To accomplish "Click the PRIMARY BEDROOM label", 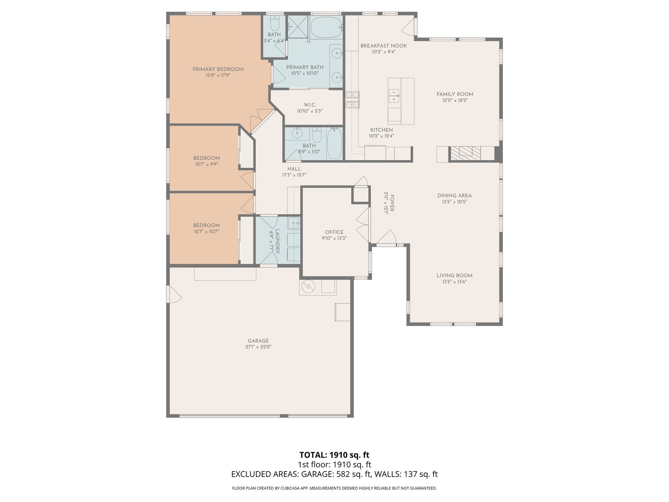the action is click(x=218, y=69).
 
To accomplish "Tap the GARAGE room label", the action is click(x=258, y=341).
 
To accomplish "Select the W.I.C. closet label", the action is click(x=310, y=105).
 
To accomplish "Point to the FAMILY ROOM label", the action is click(x=455, y=94).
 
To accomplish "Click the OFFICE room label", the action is click(x=334, y=232).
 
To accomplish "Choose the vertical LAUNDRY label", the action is click(x=277, y=241).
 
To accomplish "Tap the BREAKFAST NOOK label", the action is click(x=383, y=46).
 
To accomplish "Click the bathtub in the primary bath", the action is click(x=327, y=27).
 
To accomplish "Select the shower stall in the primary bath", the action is click(x=298, y=27).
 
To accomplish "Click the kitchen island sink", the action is click(x=394, y=96).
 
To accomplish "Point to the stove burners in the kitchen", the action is click(x=352, y=100).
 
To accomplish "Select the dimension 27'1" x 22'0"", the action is click(x=258, y=347).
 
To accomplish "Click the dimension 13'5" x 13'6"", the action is click(x=455, y=282).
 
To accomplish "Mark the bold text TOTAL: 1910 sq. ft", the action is click(x=334, y=455).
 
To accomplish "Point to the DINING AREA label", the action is click(x=455, y=196).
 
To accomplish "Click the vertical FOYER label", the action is click(x=392, y=203).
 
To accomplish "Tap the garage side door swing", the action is click(x=174, y=294).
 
